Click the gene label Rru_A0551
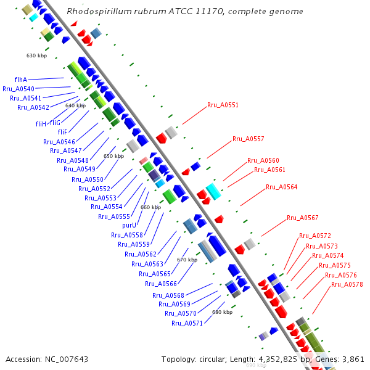click(223, 105)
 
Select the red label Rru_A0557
click(248, 139)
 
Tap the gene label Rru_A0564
click(281, 187)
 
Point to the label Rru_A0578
click(347, 284)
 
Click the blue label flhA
click(20, 80)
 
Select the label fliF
click(62, 132)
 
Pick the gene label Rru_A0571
click(187, 323)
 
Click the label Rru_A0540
click(18, 89)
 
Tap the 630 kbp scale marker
click(36, 55)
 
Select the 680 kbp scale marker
click(222, 312)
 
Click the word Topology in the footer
click(179, 359)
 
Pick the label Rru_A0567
click(302, 218)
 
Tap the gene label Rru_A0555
click(113, 216)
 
